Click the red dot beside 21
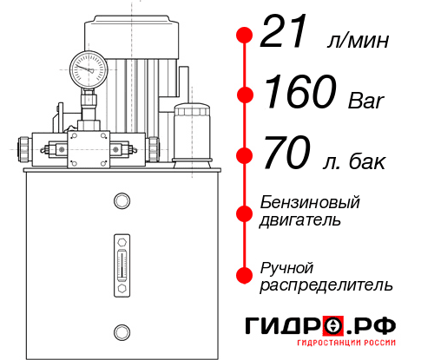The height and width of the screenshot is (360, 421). pyautogui.click(x=245, y=36)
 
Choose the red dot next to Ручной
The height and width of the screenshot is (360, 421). pyautogui.click(x=245, y=274)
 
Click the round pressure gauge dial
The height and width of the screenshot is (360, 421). pyautogui.click(x=89, y=67)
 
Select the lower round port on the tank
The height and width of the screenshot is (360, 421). pyautogui.click(x=122, y=331)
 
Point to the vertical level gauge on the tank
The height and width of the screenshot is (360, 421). pyautogui.click(x=122, y=263)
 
